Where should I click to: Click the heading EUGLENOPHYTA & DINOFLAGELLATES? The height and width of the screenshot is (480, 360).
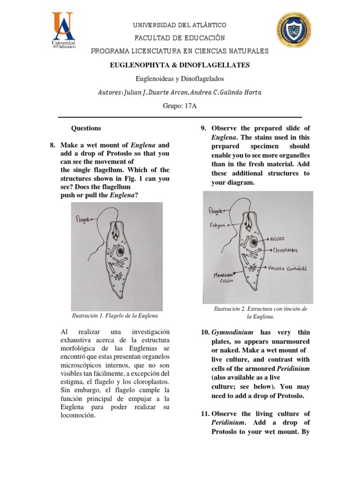point(180,65)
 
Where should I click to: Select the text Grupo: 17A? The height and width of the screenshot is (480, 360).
point(180,106)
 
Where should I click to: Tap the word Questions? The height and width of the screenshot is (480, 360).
point(86,128)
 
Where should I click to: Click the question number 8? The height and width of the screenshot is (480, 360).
point(53,145)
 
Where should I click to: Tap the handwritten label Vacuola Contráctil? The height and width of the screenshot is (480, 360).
point(287,269)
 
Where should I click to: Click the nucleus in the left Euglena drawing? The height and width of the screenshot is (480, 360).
point(121,252)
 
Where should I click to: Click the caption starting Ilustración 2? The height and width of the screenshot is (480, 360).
point(260,313)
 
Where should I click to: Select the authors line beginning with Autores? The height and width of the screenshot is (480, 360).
point(180,92)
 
